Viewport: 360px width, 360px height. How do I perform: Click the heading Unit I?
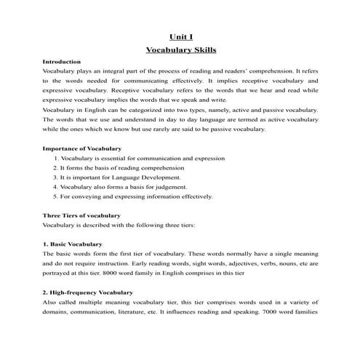coord(180,36)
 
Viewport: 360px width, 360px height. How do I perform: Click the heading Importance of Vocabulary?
coord(82,148)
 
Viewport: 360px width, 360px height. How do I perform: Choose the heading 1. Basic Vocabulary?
coord(73,244)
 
